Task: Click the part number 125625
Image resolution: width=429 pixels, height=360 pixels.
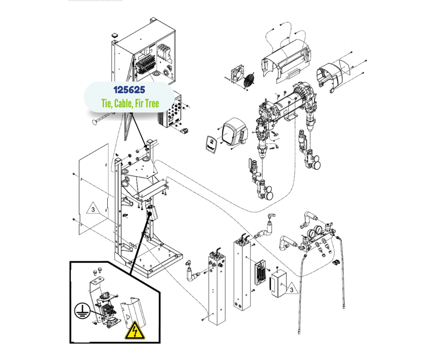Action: [x=130, y=89]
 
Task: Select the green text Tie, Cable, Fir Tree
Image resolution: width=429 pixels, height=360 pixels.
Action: [x=130, y=104]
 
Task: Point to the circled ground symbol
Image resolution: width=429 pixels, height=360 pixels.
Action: [x=82, y=312]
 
